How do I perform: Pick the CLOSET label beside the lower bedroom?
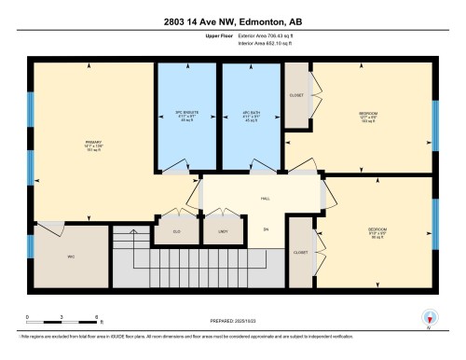click(x=300, y=252)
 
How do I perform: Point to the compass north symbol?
click(x=428, y=318)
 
